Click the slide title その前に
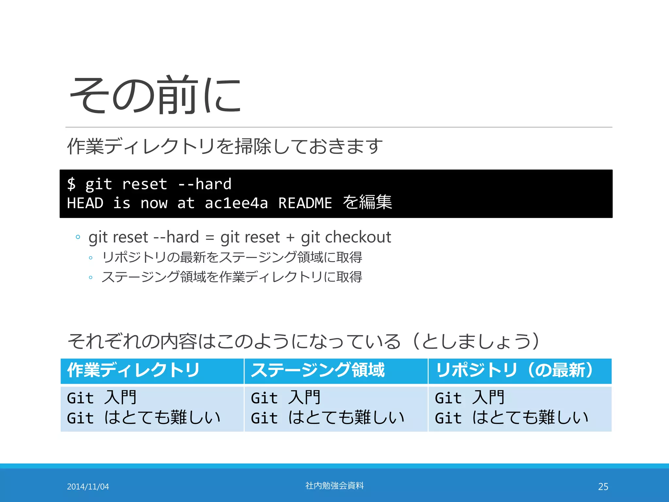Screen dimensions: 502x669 (155, 95)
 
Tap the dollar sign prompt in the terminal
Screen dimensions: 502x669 (71, 184)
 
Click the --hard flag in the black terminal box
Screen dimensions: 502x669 (205, 184)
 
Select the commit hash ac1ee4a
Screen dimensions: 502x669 (236, 203)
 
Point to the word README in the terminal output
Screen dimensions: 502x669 (305, 203)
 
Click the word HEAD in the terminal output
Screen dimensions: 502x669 (85, 203)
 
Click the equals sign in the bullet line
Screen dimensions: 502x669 (210, 238)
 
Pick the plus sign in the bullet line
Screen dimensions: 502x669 (290, 238)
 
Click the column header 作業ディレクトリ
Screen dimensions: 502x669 (133, 370)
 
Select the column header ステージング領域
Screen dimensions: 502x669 (318, 370)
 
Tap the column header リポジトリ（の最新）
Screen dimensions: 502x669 (514, 370)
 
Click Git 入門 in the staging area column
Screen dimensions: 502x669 (286, 398)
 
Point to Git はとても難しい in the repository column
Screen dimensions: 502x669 (512, 418)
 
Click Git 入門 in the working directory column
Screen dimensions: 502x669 (102, 398)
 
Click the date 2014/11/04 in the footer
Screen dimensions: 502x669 (88, 487)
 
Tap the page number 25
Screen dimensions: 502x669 (603, 487)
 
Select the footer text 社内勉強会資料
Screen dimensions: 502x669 (334, 486)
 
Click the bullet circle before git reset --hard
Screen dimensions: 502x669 (78, 237)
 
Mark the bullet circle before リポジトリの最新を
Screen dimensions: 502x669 (91, 258)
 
